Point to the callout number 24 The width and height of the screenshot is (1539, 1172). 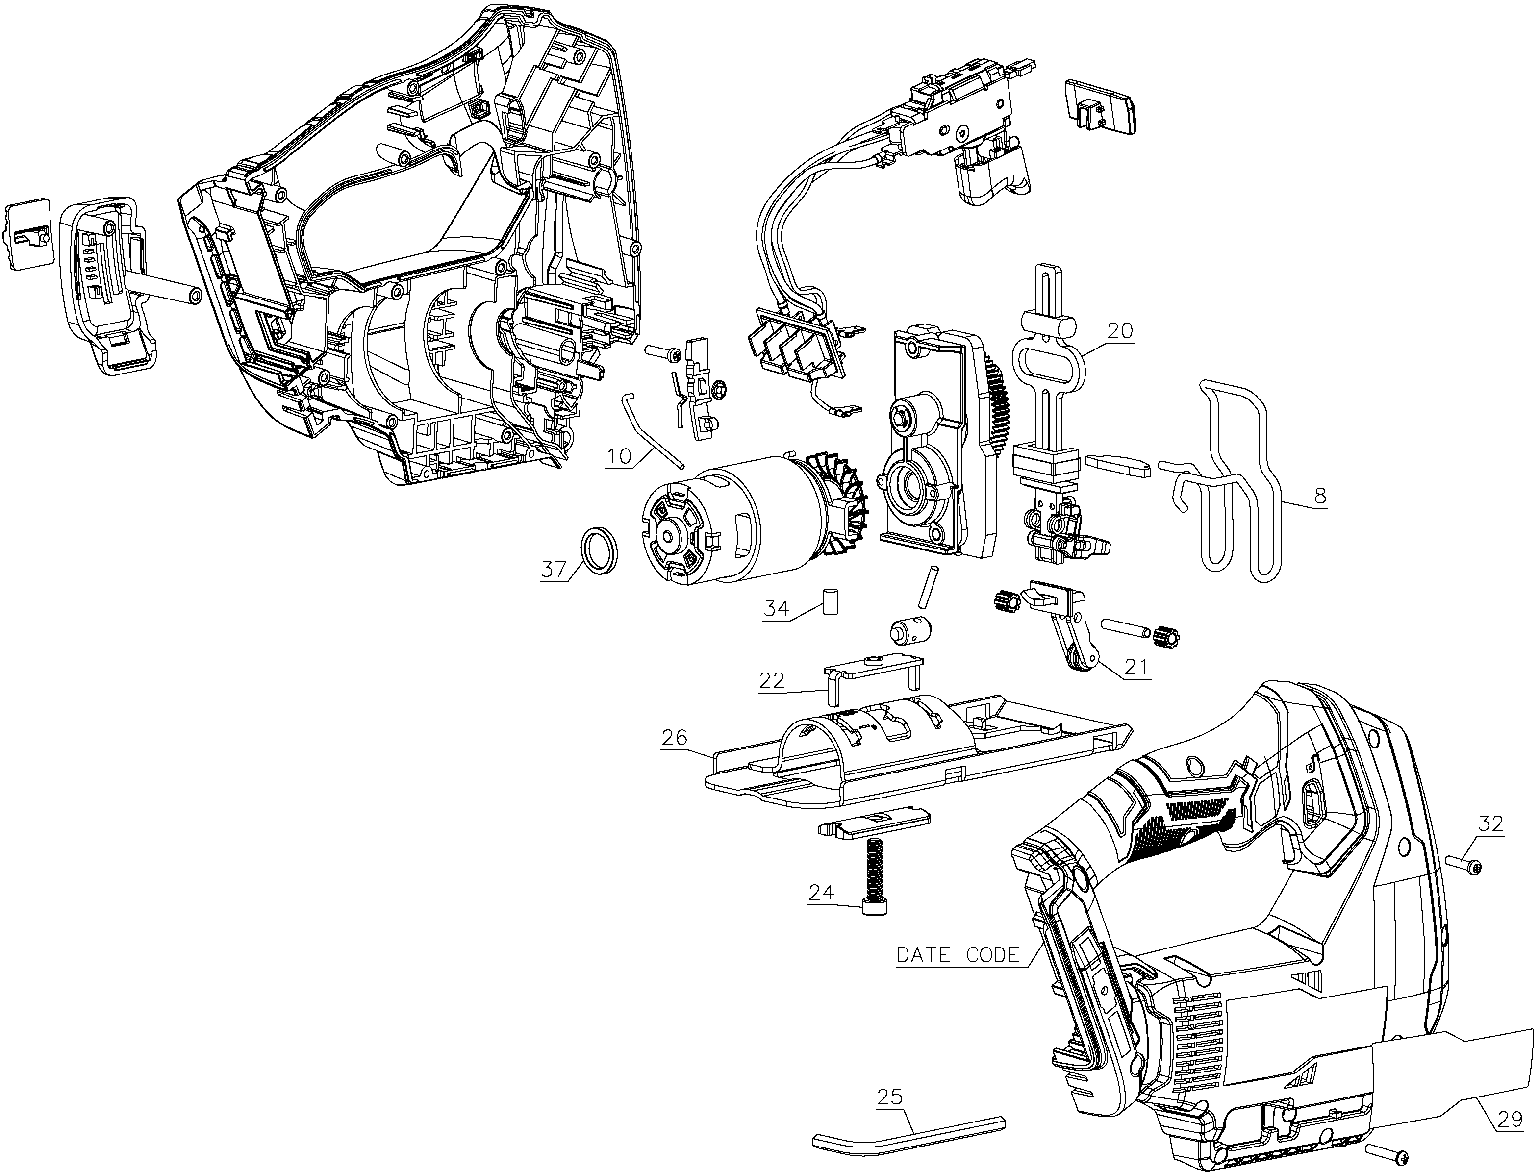click(x=822, y=892)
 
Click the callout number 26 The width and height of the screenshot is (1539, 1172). click(x=675, y=737)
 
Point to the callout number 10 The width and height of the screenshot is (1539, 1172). click(x=619, y=456)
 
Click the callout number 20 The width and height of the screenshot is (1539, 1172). click(x=1120, y=330)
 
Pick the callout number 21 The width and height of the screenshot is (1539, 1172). click(x=1136, y=668)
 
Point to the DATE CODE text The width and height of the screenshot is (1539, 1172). click(x=958, y=954)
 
